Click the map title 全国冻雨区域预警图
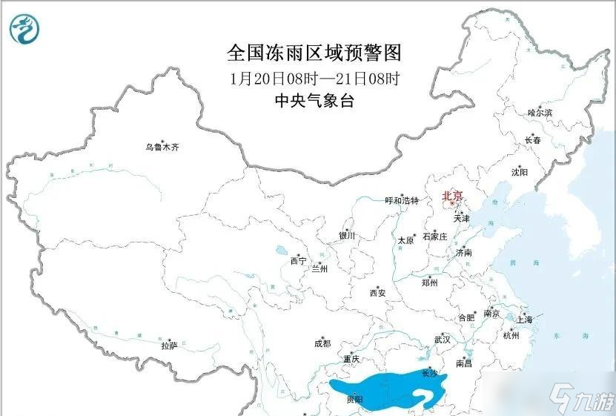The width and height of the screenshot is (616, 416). pyautogui.click(x=314, y=53)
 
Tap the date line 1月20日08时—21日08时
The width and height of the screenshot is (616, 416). pyautogui.click(x=315, y=77)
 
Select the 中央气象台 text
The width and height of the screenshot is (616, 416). pyautogui.click(x=314, y=101)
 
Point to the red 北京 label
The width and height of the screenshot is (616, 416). pyautogui.click(x=452, y=196)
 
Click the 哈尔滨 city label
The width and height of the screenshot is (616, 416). pyautogui.click(x=540, y=113)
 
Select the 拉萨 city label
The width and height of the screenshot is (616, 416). pyautogui.click(x=169, y=346)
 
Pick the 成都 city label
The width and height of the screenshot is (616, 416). pyautogui.click(x=322, y=343)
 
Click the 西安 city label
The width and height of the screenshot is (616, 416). pyautogui.click(x=377, y=293)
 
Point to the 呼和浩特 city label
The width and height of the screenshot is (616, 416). pyautogui.click(x=402, y=201)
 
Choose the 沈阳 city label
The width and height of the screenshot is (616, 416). pyautogui.click(x=519, y=172)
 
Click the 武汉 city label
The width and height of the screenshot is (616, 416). pyautogui.click(x=443, y=339)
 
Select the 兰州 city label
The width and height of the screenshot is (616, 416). pyautogui.click(x=321, y=269)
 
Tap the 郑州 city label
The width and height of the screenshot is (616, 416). pyautogui.click(x=429, y=283)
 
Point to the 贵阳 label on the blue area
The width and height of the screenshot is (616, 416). pyautogui.click(x=354, y=400)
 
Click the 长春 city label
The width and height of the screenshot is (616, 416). pyautogui.click(x=532, y=139)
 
